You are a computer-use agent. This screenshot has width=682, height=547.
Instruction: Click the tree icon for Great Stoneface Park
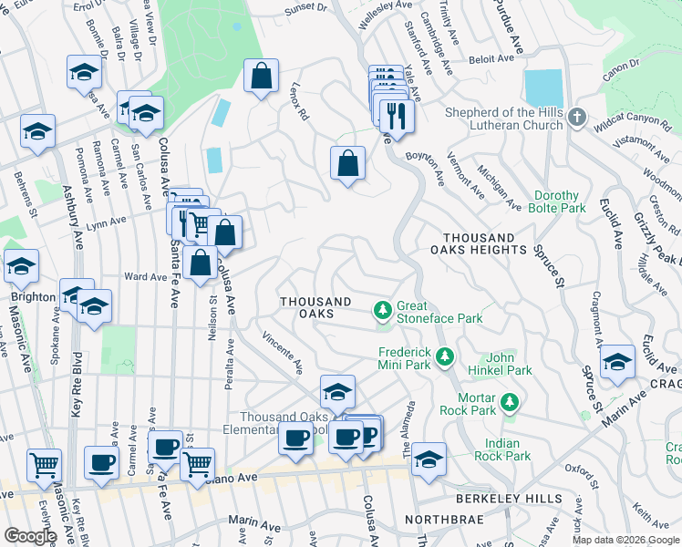pyautogui.click(x=383, y=312)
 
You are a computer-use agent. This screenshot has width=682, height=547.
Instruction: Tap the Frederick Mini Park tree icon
pyautogui.click(x=445, y=356)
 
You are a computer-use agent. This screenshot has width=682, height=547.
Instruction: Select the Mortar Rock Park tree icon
pyautogui.click(x=511, y=401)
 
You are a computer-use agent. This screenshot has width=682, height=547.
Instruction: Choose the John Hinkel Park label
pyautogui.click(x=509, y=364)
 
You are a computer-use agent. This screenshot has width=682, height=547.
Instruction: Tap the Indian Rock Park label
pyautogui.click(x=502, y=449)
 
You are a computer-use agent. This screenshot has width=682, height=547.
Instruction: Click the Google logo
pyautogui.click(x=30, y=536)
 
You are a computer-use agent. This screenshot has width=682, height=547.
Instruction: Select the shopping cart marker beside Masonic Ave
pyautogui.click(x=44, y=465)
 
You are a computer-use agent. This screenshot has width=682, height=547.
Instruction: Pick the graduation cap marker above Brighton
pyautogui.click(x=21, y=266)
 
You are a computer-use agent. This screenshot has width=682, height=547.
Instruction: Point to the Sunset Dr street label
pyautogui.click(x=304, y=7)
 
